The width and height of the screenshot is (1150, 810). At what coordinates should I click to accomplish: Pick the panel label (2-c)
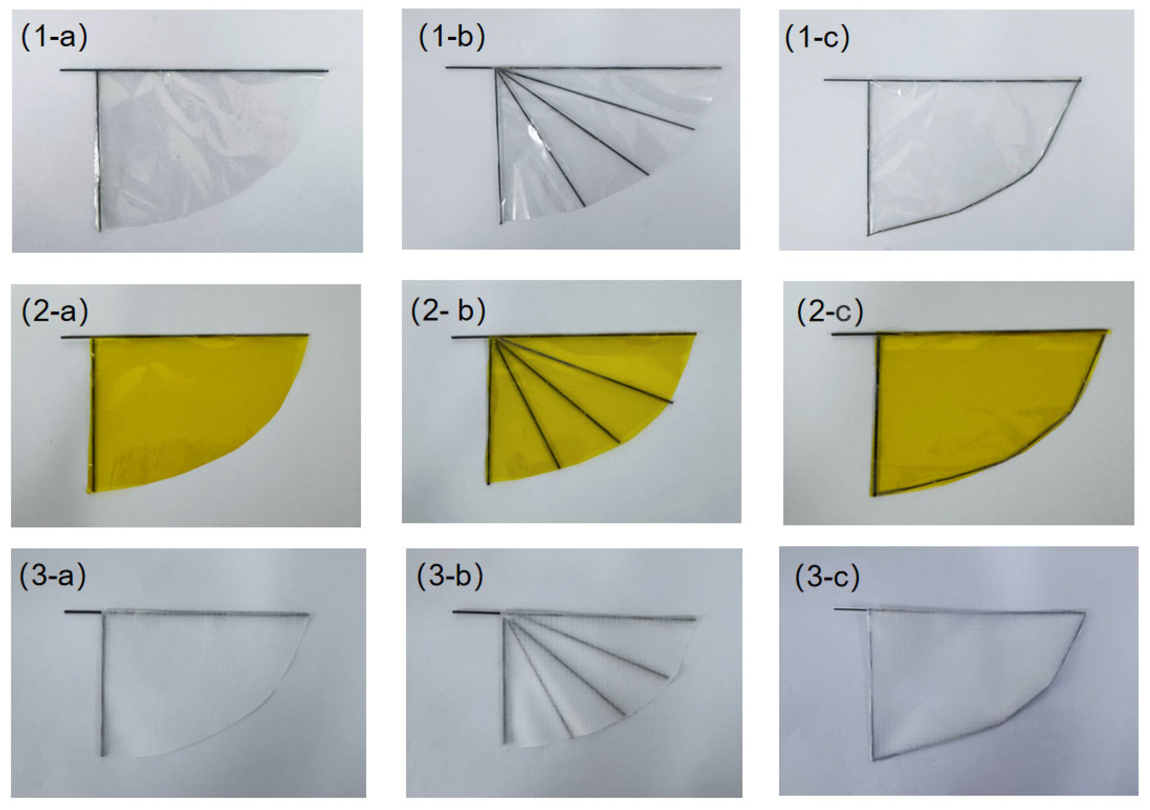coord(830,312)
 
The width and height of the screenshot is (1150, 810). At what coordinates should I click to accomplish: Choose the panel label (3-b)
coord(450,575)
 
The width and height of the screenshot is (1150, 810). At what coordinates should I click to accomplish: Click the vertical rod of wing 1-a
coord(98,150)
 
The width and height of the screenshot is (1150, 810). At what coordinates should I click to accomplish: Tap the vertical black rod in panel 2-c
coord(876,416)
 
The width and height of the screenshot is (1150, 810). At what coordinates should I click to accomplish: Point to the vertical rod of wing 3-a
coord(103,686)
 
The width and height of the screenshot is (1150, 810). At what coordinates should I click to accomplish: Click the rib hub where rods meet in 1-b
coord(495,69)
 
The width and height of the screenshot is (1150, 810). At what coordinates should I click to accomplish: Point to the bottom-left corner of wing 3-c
coord(873,760)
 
